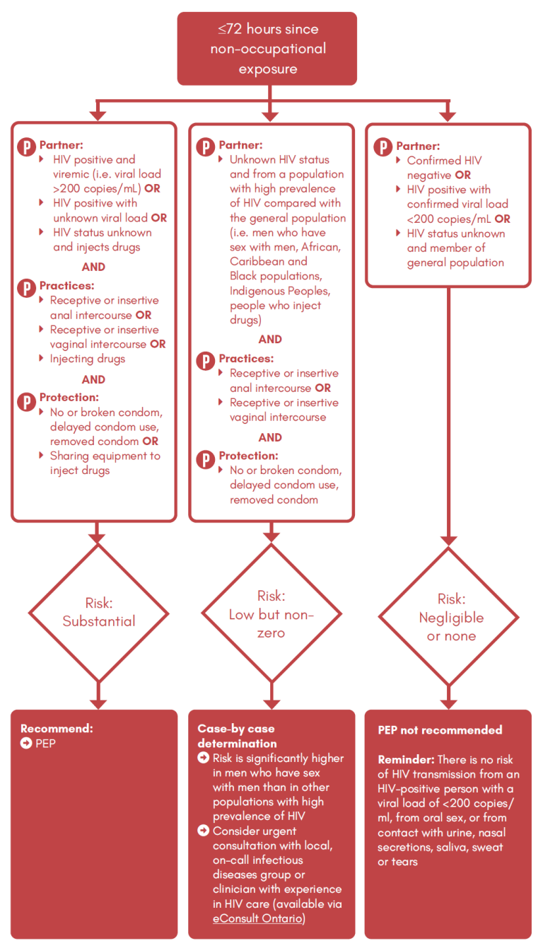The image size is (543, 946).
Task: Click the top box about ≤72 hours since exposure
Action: [267, 49]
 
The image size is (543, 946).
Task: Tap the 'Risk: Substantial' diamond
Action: [98, 613]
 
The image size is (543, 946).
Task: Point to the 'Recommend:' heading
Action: [57, 729]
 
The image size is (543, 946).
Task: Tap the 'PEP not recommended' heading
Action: [440, 730]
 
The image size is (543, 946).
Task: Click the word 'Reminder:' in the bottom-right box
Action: [406, 759]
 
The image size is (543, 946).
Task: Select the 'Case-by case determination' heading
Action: [236, 736]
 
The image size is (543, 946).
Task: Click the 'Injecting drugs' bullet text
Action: [87, 359]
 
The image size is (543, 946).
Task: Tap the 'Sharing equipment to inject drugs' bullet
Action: [104, 463]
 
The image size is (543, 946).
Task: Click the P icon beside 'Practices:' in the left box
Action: [26, 288]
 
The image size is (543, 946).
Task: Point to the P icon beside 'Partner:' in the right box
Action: [383, 148]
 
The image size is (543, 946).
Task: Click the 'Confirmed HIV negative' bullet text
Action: [443, 168]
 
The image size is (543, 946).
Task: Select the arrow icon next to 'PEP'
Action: [26, 744]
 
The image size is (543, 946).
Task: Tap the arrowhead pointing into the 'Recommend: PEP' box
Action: [98, 704]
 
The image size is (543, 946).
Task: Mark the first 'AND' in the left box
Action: [93, 267]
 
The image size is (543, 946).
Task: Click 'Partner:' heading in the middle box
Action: [240, 145]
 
